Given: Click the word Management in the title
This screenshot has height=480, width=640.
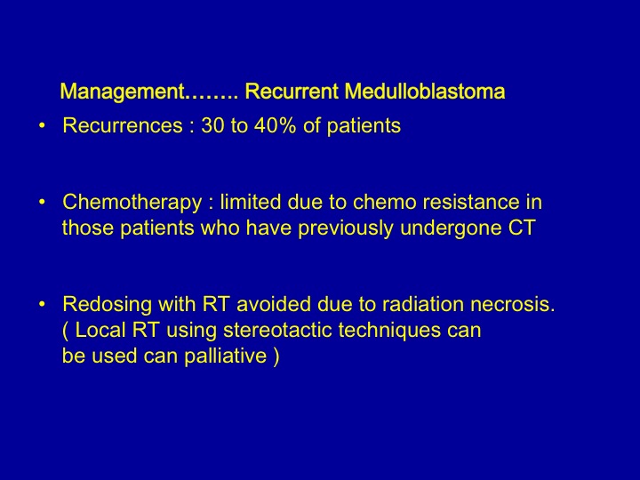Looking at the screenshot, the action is [122, 92].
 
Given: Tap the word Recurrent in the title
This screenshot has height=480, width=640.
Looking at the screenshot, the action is [292, 91].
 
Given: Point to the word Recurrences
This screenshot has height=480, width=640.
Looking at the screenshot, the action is [123, 125].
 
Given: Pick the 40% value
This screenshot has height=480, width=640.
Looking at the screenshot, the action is [275, 125].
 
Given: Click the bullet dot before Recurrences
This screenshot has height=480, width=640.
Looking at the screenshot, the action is [42, 125].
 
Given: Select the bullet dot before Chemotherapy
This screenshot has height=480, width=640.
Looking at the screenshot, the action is [42, 202].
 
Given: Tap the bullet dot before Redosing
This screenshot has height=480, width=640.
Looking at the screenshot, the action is [42, 304].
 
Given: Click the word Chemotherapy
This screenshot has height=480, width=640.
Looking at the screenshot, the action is [132, 203].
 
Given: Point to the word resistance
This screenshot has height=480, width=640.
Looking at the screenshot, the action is [471, 202].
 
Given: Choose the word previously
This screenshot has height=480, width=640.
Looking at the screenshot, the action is [346, 228].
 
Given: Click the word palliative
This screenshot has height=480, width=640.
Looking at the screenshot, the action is [225, 356].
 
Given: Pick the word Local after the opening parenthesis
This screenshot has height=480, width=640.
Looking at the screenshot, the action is [100, 330].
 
